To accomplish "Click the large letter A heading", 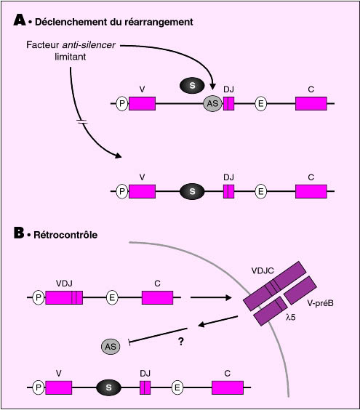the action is click(x=20, y=20).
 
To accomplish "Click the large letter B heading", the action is click(x=19, y=233).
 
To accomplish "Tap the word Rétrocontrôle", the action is click(x=65, y=235).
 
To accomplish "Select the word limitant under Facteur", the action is click(x=70, y=57).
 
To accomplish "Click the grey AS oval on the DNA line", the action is click(x=212, y=103).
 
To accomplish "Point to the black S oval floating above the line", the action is click(x=192, y=85).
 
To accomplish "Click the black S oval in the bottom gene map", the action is click(x=108, y=387).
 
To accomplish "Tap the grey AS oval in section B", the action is click(x=111, y=347).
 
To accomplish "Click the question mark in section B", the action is click(x=181, y=341).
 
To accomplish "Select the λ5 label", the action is click(x=291, y=317).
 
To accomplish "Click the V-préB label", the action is click(x=320, y=303).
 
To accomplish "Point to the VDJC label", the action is click(x=263, y=270).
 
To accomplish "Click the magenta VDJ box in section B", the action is click(x=64, y=297).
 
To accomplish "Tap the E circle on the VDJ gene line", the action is click(x=112, y=297).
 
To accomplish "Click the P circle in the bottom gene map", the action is click(x=39, y=387).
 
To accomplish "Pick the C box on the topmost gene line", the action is click(x=311, y=103).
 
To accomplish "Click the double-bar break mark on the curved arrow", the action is click(x=82, y=122).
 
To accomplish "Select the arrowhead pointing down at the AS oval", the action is click(x=212, y=87).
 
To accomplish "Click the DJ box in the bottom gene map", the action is click(x=145, y=387).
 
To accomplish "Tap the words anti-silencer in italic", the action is click(x=89, y=45).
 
